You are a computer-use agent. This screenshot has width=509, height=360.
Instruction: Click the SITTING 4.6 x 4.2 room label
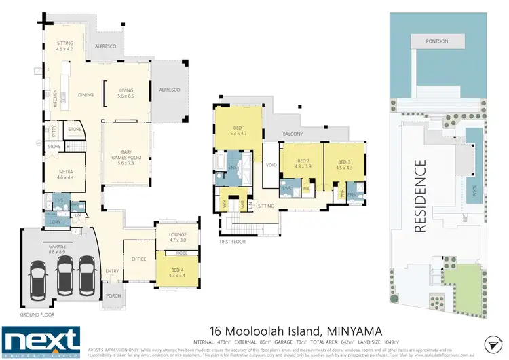[64, 46]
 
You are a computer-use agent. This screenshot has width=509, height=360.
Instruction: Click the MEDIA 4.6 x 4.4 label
[64, 174]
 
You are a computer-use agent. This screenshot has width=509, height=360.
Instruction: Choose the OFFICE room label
[138, 258]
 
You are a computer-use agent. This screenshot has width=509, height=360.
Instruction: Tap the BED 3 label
[346, 165]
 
